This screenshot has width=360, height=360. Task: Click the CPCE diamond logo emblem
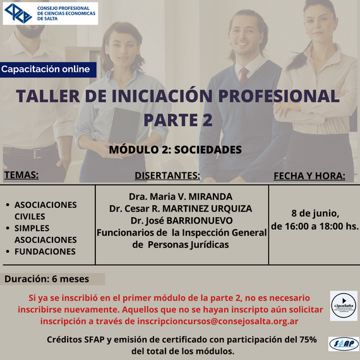tap(18, 13)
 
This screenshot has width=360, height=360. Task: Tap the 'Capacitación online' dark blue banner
tap(48, 69)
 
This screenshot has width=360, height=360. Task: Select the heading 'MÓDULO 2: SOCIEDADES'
tap(175, 150)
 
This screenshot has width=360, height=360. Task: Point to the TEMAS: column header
tap(21, 175)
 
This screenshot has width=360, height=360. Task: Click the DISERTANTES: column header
tap(167, 176)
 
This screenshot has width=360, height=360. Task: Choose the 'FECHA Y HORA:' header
tap(309, 176)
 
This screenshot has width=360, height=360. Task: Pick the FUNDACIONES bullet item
tap(45, 251)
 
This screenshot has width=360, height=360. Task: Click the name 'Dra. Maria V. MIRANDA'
tap(181, 196)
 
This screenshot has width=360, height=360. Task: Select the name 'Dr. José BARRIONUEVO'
tap(181, 220)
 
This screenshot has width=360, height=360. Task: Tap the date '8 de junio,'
tap(315, 213)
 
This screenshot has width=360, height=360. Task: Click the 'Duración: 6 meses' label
tap(47, 279)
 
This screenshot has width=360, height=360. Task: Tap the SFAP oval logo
tap(344, 344)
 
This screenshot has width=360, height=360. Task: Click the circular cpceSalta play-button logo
tap(344, 306)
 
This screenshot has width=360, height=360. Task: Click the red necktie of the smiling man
tap(244, 75)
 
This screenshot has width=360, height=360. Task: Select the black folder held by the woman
tap(124, 126)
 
